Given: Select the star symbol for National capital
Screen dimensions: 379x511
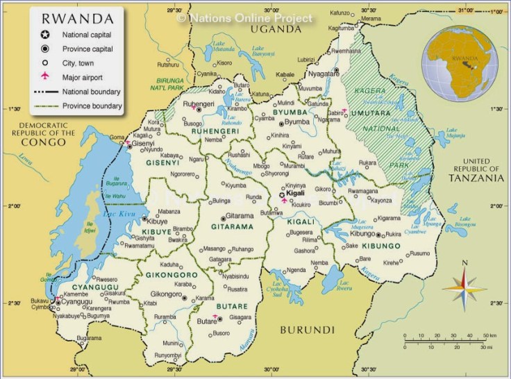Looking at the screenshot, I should [x=45, y=35].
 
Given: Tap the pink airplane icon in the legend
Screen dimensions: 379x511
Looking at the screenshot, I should [x=45, y=76].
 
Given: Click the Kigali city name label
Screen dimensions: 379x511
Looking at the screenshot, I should [x=296, y=194].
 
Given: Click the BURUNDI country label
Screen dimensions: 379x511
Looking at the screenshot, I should [x=307, y=330].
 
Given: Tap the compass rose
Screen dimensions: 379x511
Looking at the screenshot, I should [x=464, y=284].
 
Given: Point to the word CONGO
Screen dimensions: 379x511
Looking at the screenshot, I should [x=42, y=142].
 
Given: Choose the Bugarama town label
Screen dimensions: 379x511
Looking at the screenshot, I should [x=90, y=339].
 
